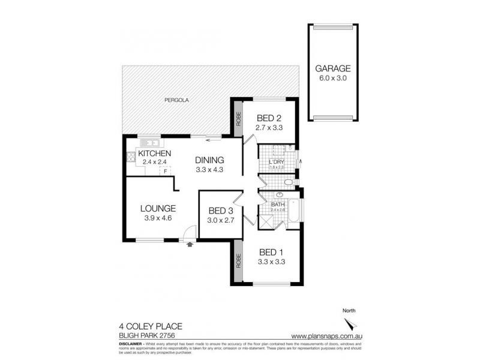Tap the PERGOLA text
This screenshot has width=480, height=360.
click(x=178, y=101)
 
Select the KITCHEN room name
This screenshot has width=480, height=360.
click(x=155, y=154)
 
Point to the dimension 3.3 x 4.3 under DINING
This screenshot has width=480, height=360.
click(x=209, y=170)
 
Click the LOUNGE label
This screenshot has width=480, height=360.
click(x=158, y=208)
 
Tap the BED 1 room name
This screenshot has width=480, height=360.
click(x=269, y=253)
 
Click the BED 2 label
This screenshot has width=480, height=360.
click(x=269, y=118)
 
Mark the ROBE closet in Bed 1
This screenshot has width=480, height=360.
click(x=238, y=261)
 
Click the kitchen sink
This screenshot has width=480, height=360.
click(x=149, y=143)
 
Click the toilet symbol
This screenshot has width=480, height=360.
click(x=289, y=182)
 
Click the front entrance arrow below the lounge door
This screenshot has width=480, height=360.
click(x=190, y=244)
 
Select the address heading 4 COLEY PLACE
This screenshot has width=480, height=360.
click(x=151, y=326)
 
